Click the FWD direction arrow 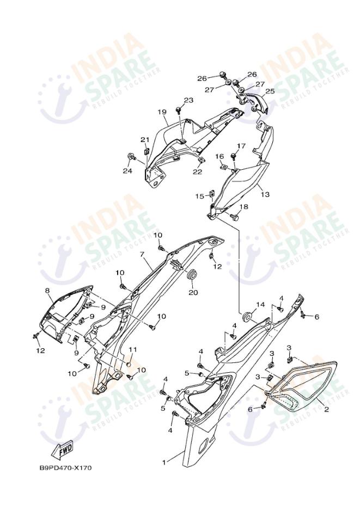(x=63, y=450)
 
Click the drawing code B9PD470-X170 (x=66, y=467)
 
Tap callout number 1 (x=163, y=463)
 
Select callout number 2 (x=327, y=409)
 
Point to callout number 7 (x=142, y=254)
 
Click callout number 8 (x=47, y=291)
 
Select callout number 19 (x=162, y=112)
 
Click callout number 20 (x=193, y=292)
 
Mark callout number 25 (x=270, y=91)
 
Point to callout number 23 (x=188, y=100)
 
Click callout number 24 (x=127, y=171)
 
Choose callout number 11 (x=132, y=349)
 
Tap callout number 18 (x=243, y=207)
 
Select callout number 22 (x=197, y=172)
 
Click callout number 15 (x=200, y=195)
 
